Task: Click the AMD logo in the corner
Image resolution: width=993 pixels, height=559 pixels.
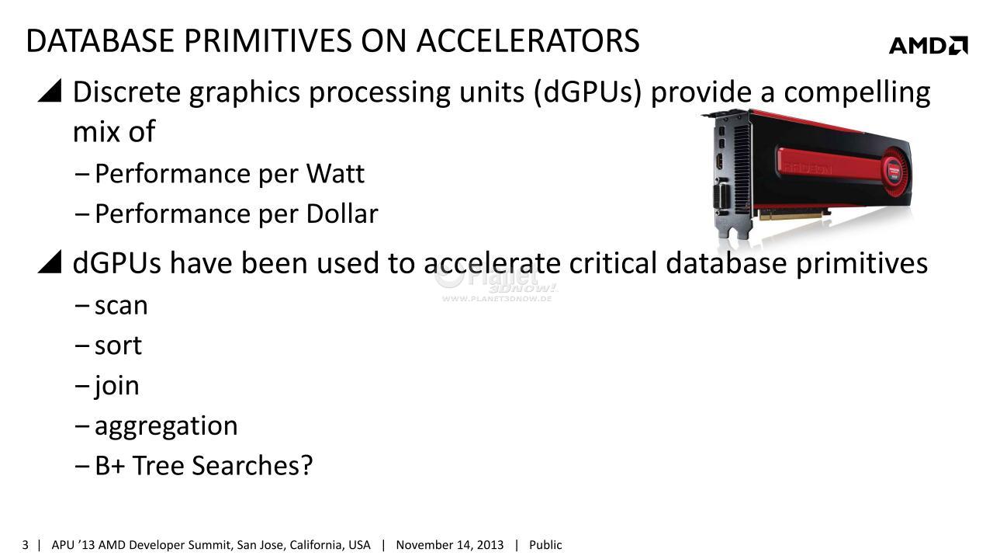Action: tap(929, 45)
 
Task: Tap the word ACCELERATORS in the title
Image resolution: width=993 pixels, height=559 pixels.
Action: tap(528, 41)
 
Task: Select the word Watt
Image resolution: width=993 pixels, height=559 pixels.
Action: tap(335, 173)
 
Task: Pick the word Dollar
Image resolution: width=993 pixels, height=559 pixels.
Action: tap(342, 214)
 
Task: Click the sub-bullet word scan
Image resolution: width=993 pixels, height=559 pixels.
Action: tap(121, 306)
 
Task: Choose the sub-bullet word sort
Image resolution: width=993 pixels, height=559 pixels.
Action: tap(118, 345)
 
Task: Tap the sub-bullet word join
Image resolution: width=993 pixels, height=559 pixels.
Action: tap(116, 385)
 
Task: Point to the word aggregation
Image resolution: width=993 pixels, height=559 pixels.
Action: tap(166, 427)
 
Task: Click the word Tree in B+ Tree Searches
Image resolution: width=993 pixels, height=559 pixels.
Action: tap(158, 465)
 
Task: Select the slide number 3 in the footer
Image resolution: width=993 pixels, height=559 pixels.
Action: tap(26, 545)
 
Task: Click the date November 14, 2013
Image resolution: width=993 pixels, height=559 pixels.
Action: tap(449, 545)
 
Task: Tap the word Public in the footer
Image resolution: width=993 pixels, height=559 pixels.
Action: tap(545, 545)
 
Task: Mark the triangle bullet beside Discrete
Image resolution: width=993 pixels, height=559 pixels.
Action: tap(50, 91)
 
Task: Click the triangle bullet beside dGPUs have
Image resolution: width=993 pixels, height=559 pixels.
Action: tap(50, 262)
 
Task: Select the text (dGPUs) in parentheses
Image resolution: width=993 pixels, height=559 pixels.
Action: tap(588, 92)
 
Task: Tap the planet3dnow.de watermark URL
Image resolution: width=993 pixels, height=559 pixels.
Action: tap(496, 299)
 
